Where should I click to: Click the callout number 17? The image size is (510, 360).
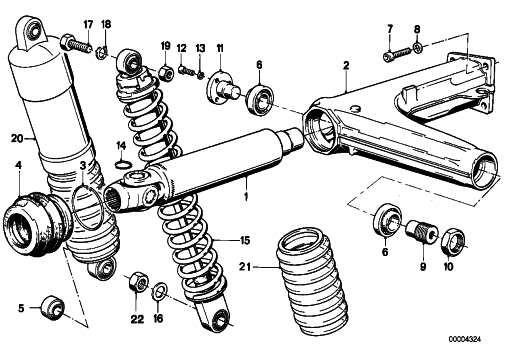click(88, 25)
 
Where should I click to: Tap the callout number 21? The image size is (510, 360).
click(244, 267)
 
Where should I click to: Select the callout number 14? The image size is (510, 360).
click(121, 146)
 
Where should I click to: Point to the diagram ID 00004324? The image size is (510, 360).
click(465, 339)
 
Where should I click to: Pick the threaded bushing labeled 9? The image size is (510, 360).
click(422, 231)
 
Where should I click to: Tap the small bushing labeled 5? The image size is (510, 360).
click(52, 306)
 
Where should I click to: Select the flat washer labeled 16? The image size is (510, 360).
click(160, 290)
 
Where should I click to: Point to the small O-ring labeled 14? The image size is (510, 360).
click(122, 164)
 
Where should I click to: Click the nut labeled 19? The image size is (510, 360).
click(165, 73)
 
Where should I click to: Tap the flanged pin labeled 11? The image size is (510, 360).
click(222, 87)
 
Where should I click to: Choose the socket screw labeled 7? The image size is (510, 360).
click(397, 53)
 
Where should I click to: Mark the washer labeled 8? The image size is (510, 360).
click(418, 47)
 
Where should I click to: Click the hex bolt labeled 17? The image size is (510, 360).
click(76, 44)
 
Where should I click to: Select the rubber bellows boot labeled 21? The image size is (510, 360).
click(312, 280)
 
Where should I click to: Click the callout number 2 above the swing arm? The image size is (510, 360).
click(347, 66)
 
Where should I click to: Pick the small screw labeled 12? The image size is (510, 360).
click(187, 71)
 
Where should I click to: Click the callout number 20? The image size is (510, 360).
click(17, 138)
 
